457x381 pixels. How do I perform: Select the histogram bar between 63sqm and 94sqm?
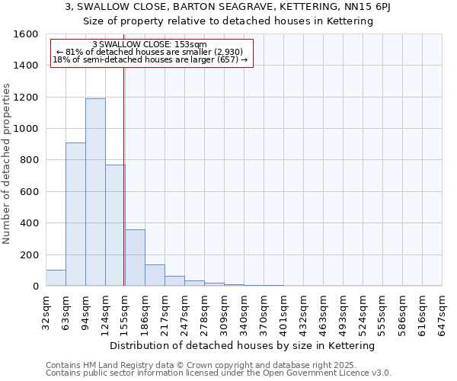pyautogui.click(x=75, y=214)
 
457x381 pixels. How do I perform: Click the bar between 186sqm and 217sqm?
pyautogui.click(x=155, y=275)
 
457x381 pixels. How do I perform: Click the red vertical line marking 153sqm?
pyautogui.click(x=123, y=175)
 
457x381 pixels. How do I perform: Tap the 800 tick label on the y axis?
pyautogui.click(x=29, y=160)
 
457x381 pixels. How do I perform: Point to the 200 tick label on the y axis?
pyautogui.click(x=29, y=255)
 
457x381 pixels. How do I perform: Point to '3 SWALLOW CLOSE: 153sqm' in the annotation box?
pyautogui.click(x=149, y=45)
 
